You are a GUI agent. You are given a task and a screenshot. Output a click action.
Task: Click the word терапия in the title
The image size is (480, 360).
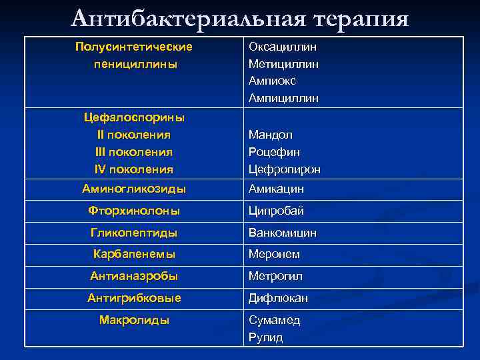(353, 18)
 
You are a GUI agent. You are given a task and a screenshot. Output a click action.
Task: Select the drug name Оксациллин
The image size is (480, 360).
(283, 47)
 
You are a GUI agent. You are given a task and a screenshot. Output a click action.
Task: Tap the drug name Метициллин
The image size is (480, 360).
(283, 64)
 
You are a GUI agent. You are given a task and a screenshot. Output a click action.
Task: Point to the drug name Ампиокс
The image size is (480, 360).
(272, 81)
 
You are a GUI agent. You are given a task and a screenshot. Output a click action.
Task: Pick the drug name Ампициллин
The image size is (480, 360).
(283, 98)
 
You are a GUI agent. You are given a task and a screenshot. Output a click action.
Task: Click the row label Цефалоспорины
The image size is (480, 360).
(134, 117)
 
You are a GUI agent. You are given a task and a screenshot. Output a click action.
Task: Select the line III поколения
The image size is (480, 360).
(134, 152)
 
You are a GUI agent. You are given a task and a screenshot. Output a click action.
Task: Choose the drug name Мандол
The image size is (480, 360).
(270, 135)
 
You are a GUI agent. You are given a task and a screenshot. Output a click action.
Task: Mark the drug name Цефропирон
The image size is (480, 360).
(284, 169)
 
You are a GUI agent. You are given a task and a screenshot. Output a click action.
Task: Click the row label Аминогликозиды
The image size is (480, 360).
(134, 189)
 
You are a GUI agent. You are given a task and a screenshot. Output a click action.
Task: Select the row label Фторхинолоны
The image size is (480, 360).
(134, 211)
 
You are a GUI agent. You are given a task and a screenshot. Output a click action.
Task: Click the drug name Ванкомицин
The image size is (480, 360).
(283, 233)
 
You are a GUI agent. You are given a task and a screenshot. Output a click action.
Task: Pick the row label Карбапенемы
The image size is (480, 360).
(134, 254)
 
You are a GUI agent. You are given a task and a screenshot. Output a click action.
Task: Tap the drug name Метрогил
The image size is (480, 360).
(275, 276)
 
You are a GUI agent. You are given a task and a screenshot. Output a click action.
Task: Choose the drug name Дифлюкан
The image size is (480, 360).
(278, 298)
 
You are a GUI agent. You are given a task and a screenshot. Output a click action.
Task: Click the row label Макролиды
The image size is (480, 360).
(134, 320)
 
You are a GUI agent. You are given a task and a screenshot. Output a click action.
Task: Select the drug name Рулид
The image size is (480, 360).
(265, 337)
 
